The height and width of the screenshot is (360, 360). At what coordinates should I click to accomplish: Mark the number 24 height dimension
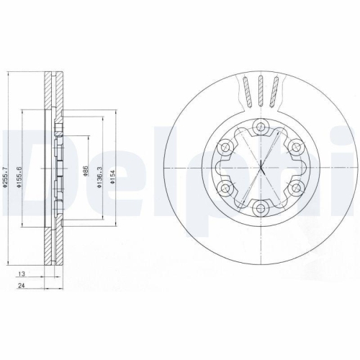click(x=22, y=287)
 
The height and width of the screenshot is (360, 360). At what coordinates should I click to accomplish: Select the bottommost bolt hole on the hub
click(x=261, y=208)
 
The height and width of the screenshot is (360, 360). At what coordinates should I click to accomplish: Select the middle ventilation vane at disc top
click(x=261, y=91)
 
